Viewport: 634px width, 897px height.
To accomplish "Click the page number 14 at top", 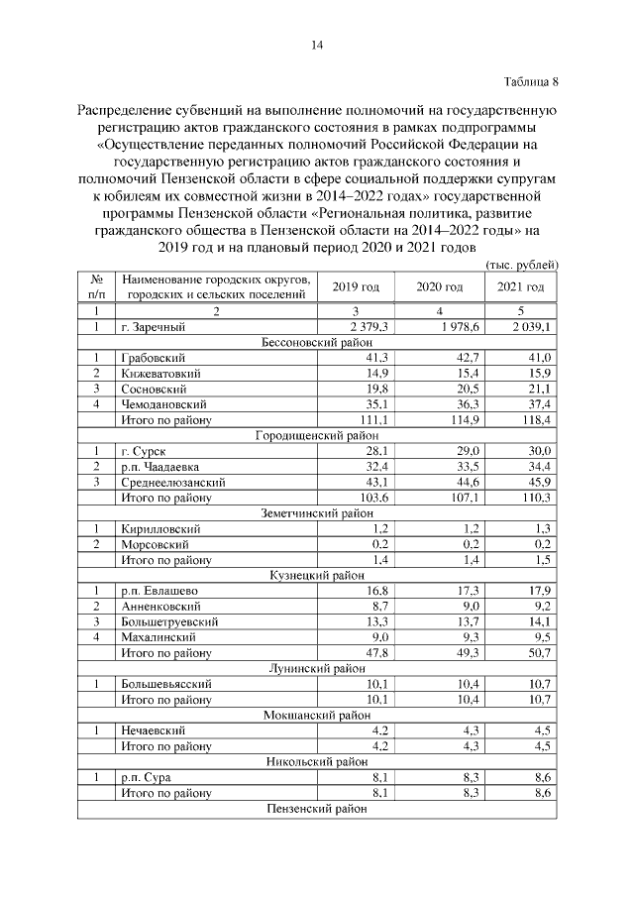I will [x=318, y=45].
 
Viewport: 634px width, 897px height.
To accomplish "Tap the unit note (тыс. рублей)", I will [x=523, y=264].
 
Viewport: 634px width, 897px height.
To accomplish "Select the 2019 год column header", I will [x=356, y=286].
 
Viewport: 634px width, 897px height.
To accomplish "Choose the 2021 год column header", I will [x=520, y=286].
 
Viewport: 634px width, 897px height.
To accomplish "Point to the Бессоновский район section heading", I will [x=318, y=341].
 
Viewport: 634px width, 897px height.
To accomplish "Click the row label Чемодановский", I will [x=164, y=404].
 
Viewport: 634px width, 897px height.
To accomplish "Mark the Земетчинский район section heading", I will [x=318, y=512].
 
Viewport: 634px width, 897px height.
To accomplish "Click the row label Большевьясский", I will [x=164, y=684].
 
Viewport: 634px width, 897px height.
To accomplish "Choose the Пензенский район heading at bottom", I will [x=318, y=809].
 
